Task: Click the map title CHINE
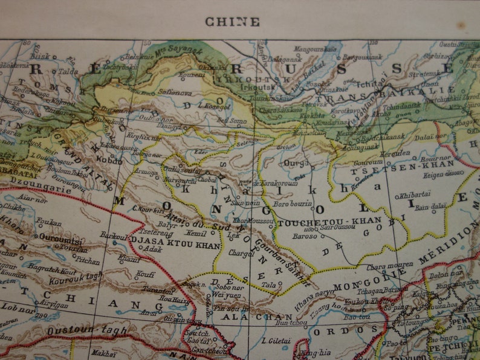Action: pos(232,22)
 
